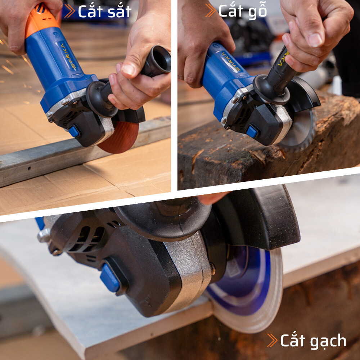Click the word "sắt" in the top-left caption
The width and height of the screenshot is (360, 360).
[120, 11]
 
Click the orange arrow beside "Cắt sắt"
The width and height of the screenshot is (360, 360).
[69, 11]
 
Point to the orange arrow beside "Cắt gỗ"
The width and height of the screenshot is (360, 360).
[210, 10]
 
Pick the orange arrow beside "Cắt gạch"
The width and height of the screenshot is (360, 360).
[272, 340]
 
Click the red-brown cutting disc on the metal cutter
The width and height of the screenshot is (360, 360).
[122, 138]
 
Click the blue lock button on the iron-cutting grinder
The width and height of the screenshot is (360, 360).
[74, 131]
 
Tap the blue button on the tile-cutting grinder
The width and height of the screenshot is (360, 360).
[110, 278]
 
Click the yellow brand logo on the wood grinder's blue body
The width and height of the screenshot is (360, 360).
[231, 61]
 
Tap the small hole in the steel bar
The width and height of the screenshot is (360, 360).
[30, 168]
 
